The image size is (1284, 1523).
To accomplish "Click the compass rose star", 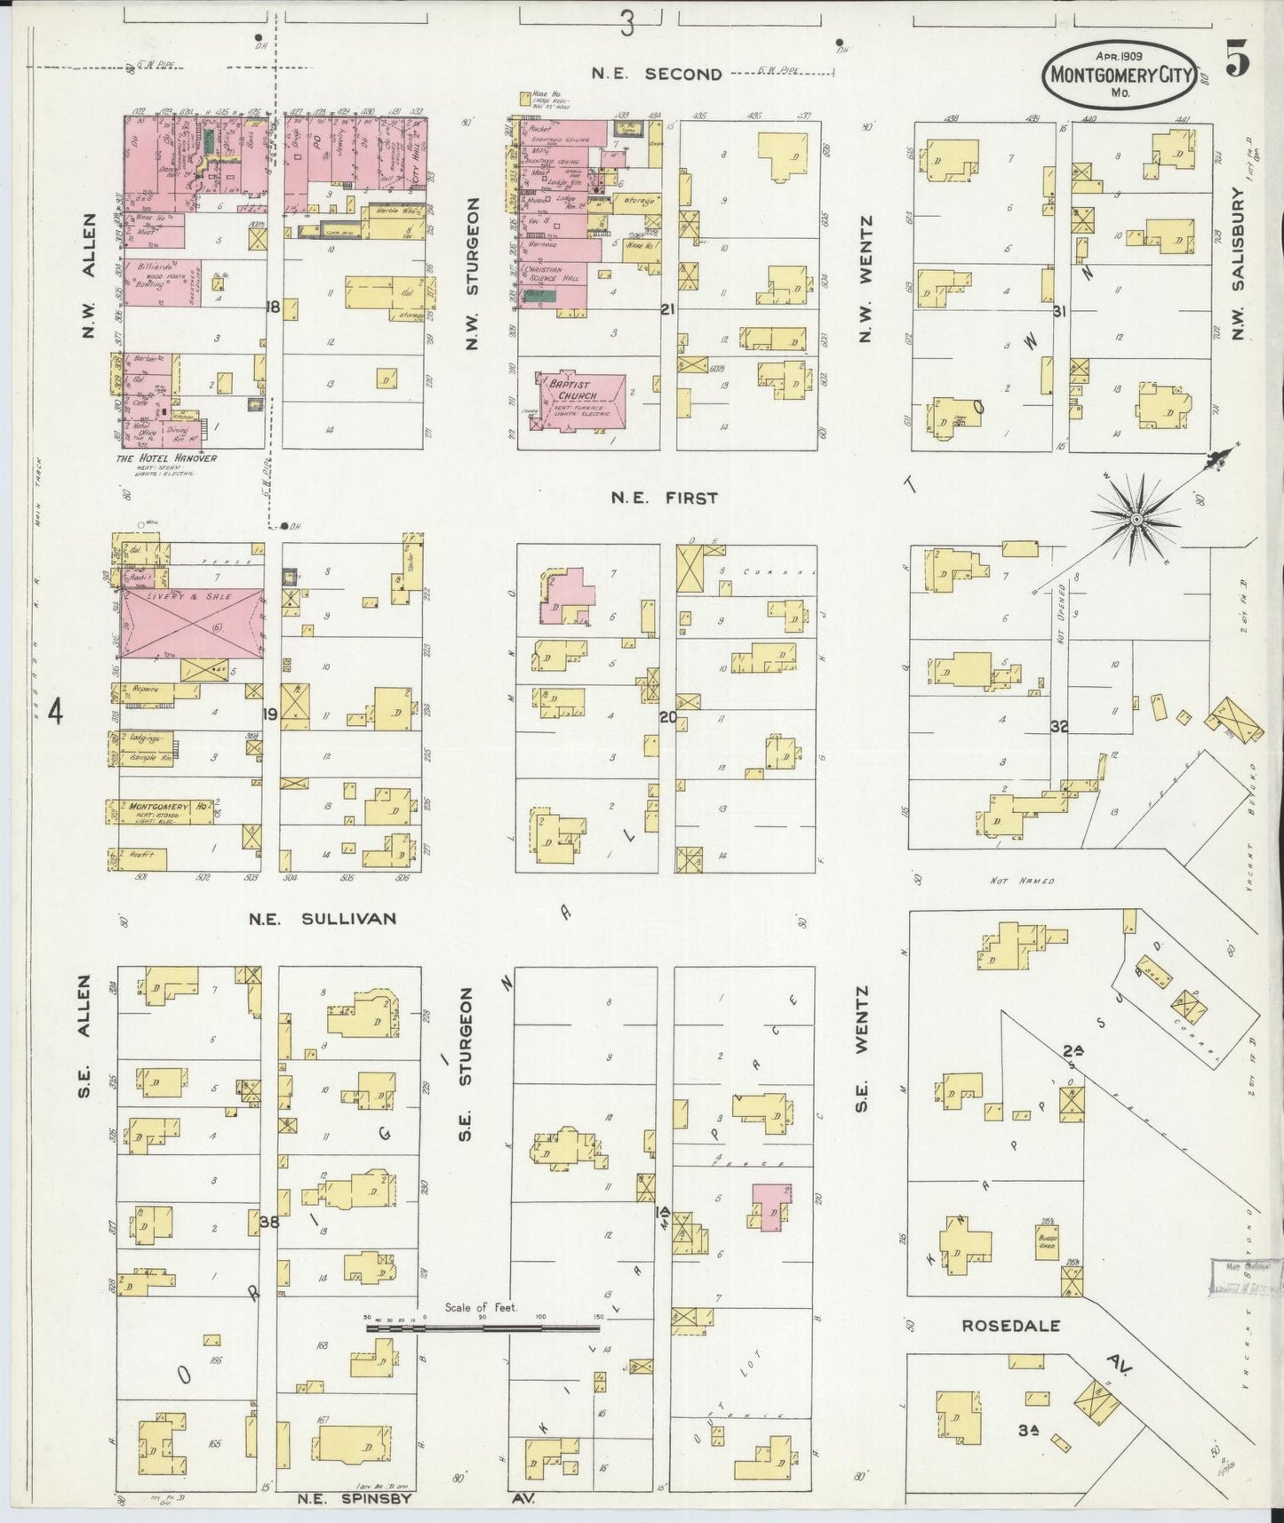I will click(1136, 517).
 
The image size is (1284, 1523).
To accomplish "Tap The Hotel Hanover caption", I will click(166, 458).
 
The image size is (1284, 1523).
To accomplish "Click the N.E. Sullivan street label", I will click(323, 919).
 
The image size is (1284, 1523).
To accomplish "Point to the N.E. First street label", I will click(664, 498).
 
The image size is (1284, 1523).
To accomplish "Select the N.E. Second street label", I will click(657, 75).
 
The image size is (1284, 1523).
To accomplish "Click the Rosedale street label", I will click(1011, 1326).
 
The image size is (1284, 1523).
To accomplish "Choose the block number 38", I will click(269, 1222).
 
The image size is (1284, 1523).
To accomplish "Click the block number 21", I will click(668, 309).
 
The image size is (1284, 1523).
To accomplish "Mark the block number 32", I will click(1058, 726).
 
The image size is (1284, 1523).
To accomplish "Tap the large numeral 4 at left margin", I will click(56, 713).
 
